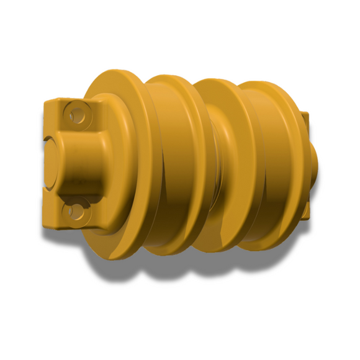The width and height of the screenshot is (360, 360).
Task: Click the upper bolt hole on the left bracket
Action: [77, 115]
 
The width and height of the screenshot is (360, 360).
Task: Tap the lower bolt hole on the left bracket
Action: [76, 212]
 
